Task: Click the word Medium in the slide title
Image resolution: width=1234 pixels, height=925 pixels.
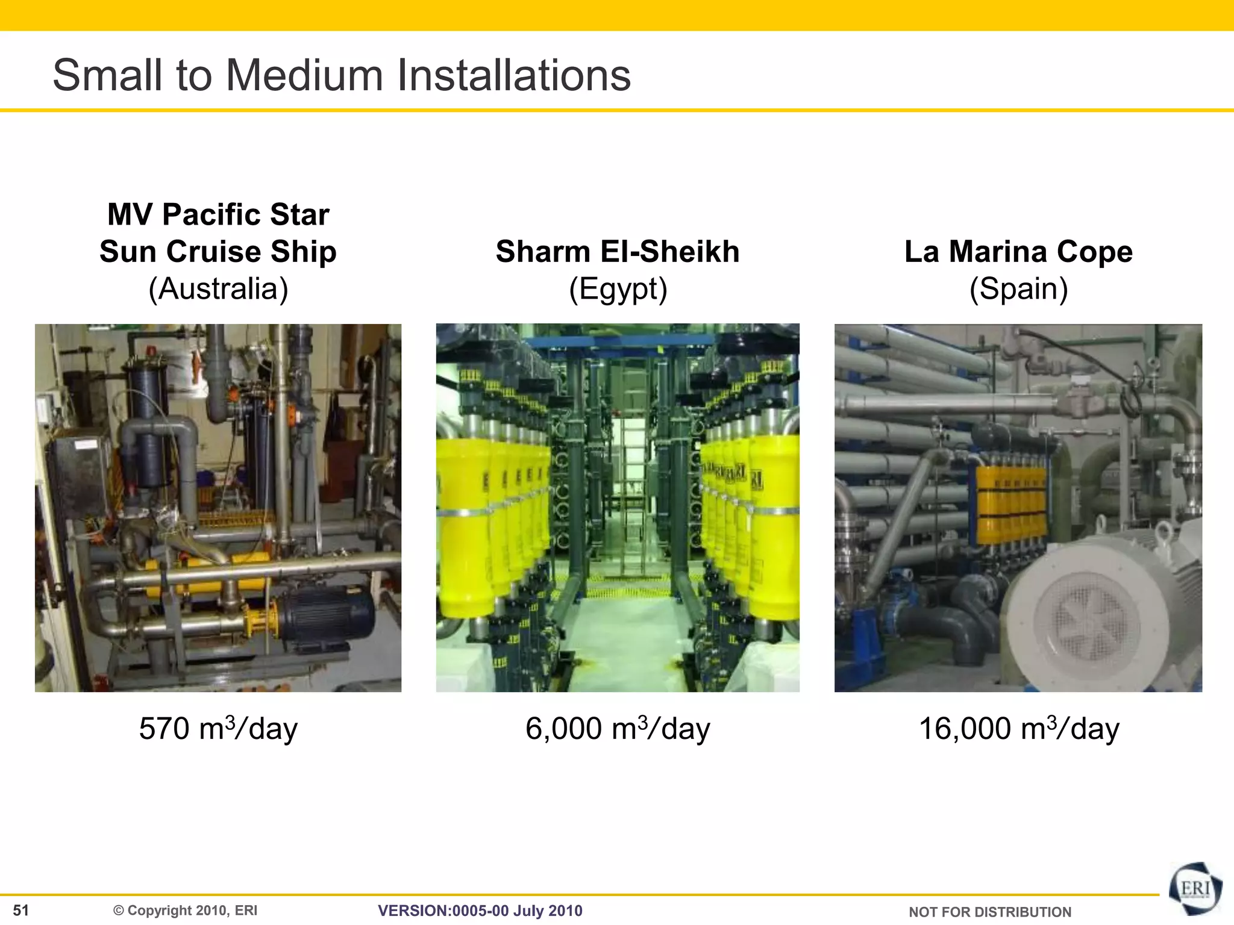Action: click(304, 75)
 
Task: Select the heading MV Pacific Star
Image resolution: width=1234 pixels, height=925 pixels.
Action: click(218, 214)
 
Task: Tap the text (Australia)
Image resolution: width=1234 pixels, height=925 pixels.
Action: click(218, 288)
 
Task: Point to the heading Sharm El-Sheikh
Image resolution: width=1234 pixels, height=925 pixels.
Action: click(618, 251)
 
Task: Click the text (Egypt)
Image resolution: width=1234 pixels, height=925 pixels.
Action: click(618, 288)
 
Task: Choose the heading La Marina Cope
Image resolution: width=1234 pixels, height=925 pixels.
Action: click(1018, 251)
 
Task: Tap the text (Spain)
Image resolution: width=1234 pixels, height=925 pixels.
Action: click(1018, 288)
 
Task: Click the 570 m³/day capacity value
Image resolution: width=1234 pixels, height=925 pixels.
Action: click(218, 728)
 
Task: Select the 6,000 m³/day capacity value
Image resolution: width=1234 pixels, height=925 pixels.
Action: click(618, 728)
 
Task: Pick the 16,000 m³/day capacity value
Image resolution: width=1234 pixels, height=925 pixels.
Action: click(1018, 728)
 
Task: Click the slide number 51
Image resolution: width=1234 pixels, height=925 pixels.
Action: click(21, 910)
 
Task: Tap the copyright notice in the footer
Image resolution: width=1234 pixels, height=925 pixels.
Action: click(186, 911)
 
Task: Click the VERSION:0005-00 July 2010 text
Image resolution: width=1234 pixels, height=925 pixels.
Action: click(480, 911)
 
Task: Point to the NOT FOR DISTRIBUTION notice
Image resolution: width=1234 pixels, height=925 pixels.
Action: click(990, 912)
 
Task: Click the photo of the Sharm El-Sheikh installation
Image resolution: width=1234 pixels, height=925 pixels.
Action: click(618, 508)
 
